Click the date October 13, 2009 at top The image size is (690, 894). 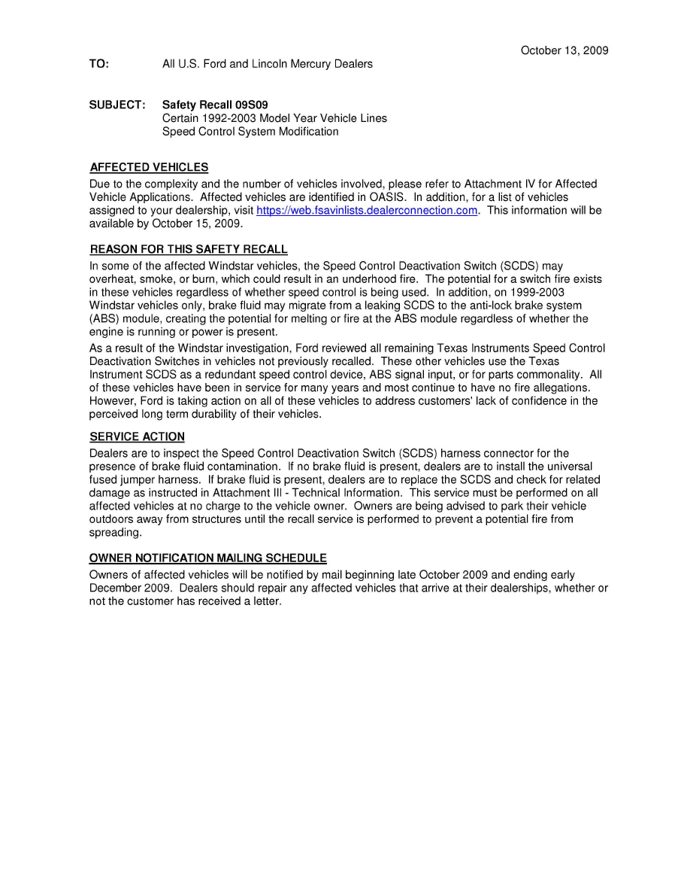coord(564,50)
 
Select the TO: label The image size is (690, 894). coord(99,64)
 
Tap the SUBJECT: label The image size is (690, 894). coord(117,105)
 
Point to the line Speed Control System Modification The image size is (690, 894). coord(250,132)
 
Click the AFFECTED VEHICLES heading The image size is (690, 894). coord(149,167)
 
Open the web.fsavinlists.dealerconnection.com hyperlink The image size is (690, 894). coord(367,211)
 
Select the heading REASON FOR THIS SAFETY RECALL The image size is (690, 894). coord(189,250)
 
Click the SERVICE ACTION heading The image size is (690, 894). coord(137,436)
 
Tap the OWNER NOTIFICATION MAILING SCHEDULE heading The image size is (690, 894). coord(208,558)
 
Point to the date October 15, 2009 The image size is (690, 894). coord(197,223)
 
